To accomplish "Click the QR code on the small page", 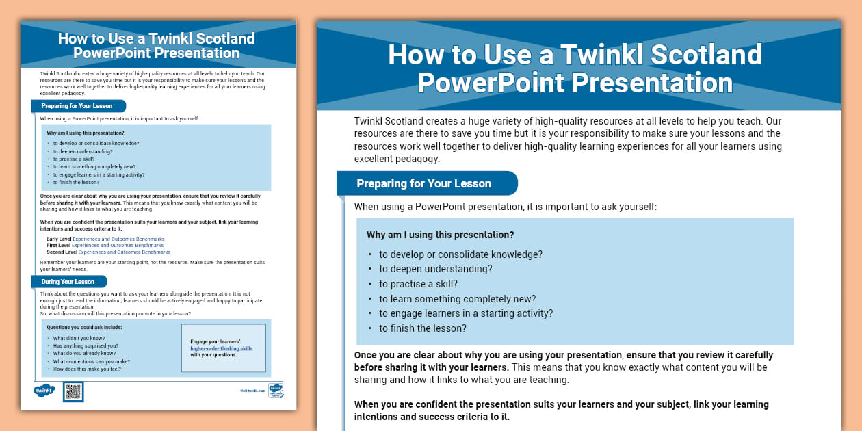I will coord(73,391).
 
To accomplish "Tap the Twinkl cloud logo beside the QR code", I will coord(44,391).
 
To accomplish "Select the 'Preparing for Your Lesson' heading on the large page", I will coord(423,183).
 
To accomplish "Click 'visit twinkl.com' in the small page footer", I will coord(251,391).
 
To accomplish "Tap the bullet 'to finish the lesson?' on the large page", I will coord(422,328).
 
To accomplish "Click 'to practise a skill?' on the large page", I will coord(418,284).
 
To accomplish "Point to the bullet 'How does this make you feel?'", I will coord(87,369).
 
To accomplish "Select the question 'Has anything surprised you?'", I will coord(86,346).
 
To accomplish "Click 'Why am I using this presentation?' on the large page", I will coord(440,235).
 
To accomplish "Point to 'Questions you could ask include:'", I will coord(84,327).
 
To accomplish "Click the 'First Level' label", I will coord(59,246).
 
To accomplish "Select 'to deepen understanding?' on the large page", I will coord(435,269).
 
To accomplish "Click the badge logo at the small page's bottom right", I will coord(276,391).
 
